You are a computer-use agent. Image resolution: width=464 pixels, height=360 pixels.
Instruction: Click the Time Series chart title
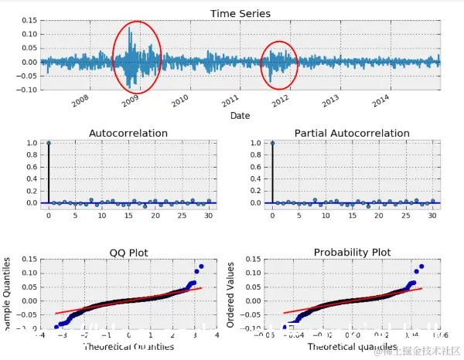coord(240,13)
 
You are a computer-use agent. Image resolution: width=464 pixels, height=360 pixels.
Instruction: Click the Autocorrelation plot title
coord(128,133)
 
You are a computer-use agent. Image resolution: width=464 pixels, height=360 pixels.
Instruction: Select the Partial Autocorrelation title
coord(352,133)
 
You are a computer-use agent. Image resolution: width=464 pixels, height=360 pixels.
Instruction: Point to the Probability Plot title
coord(352,253)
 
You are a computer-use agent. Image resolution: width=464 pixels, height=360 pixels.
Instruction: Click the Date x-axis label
coord(240,116)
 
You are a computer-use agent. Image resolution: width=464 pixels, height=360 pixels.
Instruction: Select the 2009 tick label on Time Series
coord(130,100)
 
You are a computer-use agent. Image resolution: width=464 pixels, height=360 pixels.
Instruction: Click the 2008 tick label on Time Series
coord(80,100)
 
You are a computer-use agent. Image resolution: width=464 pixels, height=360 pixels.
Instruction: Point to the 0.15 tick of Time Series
coord(27,35)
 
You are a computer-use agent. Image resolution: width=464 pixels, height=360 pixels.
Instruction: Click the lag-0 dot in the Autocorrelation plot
coord(48,143)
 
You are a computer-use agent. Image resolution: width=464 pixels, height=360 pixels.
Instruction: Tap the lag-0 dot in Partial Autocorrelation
coord(272,143)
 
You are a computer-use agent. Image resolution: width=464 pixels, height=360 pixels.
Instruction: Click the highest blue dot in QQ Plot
coord(201,267)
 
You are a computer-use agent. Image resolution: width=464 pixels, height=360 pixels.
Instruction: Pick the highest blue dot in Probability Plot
coord(421,267)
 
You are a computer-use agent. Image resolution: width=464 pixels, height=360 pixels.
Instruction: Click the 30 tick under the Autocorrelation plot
coord(209,215)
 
